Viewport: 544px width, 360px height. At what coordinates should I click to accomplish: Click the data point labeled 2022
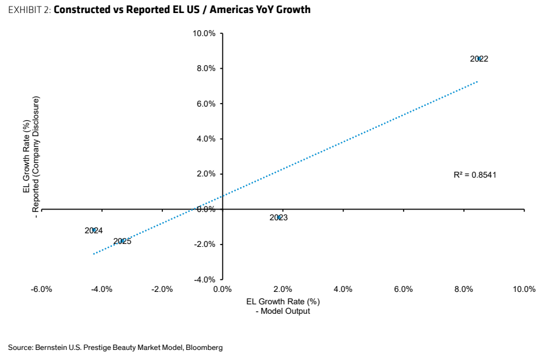click(479, 59)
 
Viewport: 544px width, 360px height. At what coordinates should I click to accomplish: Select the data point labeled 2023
click(279, 217)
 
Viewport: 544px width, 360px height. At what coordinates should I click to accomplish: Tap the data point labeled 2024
click(94, 230)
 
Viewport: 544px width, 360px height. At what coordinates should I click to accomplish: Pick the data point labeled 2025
click(123, 241)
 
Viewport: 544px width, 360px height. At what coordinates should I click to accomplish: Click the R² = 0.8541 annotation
click(475, 175)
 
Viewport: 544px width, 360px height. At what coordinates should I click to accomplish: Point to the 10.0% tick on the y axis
click(204, 33)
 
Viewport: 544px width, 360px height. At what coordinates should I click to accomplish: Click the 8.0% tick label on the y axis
click(206, 68)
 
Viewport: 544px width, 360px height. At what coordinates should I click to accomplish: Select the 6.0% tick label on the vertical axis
click(206, 104)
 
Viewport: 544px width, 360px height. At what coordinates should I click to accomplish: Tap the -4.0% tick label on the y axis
click(204, 279)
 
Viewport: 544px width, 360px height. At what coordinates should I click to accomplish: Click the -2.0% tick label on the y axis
click(204, 244)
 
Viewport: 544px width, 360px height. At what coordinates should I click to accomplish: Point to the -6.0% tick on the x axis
click(41, 289)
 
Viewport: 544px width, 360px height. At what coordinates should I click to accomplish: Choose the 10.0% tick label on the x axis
click(524, 289)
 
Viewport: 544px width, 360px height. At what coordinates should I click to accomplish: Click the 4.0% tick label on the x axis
click(343, 289)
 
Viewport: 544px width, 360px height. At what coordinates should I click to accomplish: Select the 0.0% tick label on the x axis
click(222, 289)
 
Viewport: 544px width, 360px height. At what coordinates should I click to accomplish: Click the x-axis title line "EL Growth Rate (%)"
click(283, 301)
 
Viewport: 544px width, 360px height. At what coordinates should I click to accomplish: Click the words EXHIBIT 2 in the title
click(30, 9)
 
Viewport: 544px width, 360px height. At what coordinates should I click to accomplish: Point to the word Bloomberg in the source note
click(204, 347)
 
